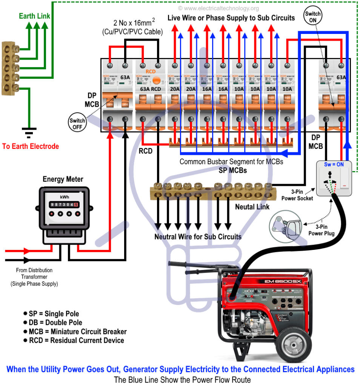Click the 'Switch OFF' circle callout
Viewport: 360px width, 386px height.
pyautogui.click(x=77, y=123)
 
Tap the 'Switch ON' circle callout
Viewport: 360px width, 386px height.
pyautogui.click(x=313, y=17)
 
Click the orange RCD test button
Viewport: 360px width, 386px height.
pyautogui.click(x=158, y=80)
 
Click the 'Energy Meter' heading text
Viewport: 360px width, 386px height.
pyautogui.click(x=63, y=179)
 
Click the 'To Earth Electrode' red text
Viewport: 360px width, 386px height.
pyautogui.click(x=31, y=146)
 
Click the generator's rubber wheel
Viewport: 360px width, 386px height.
pyautogui.click(x=294, y=343)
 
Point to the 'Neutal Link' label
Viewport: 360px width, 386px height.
pyautogui.click(x=252, y=207)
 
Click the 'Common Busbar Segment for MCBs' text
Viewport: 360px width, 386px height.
pyautogui.click(x=231, y=162)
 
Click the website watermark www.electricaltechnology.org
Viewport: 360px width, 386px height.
pyautogui.click(x=218, y=8)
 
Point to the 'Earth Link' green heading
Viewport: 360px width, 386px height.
pyautogui.click(x=35, y=16)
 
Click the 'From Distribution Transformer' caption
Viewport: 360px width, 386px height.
pyautogui.click(x=34, y=277)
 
